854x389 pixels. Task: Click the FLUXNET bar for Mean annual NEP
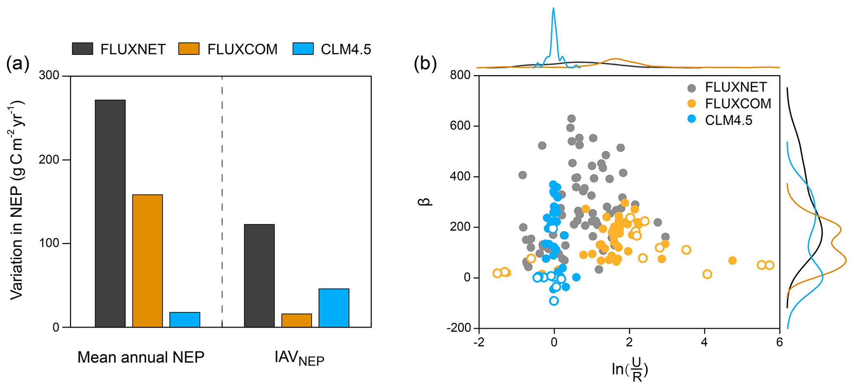pos(110,213)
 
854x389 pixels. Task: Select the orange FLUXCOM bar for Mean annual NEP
pos(147,261)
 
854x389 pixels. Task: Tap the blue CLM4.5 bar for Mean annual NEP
pos(184,320)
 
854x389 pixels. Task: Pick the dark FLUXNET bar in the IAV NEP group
pos(259,276)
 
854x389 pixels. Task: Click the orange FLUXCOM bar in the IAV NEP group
pos(296,320)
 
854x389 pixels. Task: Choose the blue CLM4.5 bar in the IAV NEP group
pos(333,308)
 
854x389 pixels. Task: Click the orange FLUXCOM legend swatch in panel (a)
pos(189,49)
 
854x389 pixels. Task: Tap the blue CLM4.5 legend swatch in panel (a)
pos(303,49)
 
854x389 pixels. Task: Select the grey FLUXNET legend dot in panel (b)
pos(691,88)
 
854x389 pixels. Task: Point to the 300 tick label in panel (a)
pos(49,76)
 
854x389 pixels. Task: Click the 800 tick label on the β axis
pos(461,75)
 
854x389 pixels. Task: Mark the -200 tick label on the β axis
pos(459,328)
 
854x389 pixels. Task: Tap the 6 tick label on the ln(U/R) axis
pos(779,343)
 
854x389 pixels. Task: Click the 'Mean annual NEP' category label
pos(141,357)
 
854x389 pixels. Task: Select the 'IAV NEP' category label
pos(299,358)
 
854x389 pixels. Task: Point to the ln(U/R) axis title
pos(630,369)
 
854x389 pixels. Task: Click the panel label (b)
pos(425,64)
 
